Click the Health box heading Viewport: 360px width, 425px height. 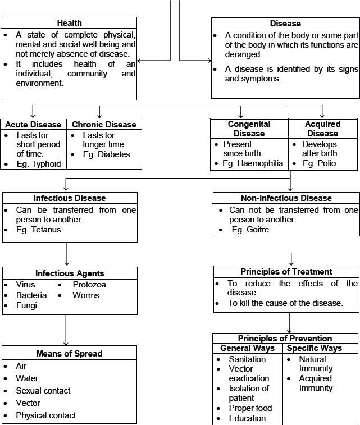coord(69,23)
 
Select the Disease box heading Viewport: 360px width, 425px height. coord(285,24)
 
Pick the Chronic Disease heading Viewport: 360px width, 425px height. coord(104,125)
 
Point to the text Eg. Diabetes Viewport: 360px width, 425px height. coord(106,154)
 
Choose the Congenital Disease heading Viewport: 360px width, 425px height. coord(249,129)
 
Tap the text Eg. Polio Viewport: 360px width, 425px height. coord(319,164)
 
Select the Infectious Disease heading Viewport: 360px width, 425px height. coord(69,198)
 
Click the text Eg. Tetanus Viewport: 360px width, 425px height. coord(38,230)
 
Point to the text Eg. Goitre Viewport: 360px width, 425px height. coord(250,230)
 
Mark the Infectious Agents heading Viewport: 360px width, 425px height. coord(70,273)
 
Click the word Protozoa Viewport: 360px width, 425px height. coord(90,285)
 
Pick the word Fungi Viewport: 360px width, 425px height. coord(27,305)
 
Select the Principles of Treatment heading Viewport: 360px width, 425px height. coord(286,272)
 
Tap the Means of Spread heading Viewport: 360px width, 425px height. coord(70,353)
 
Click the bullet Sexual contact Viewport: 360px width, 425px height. coord(43,391)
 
